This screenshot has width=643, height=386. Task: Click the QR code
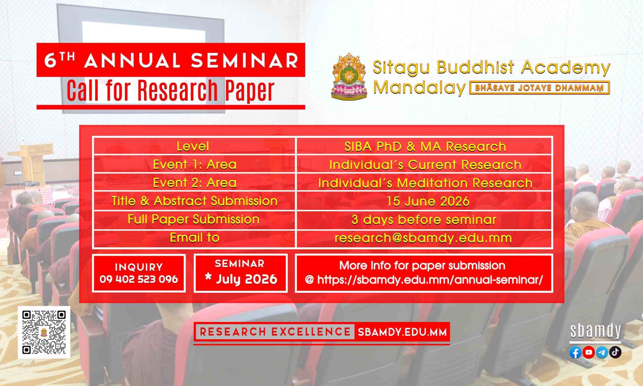tap(44, 332)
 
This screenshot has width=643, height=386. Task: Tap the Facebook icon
tap(575, 353)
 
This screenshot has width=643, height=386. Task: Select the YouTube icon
tap(589, 352)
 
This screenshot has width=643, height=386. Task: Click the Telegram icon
tap(602, 353)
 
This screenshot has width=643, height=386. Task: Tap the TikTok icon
tap(615, 352)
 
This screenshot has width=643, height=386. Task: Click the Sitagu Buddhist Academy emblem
tap(349, 77)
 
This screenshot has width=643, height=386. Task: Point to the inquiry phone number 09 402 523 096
tap(139, 279)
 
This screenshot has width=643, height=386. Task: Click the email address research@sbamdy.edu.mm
tap(423, 238)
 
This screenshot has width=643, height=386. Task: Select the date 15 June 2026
tap(428, 201)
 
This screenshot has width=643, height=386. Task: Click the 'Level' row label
tap(193, 146)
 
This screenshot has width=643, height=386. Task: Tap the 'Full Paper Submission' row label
tap(194, 219)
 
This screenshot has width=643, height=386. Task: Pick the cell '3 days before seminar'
tap(424, 220)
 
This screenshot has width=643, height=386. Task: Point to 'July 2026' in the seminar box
tap(247, 279)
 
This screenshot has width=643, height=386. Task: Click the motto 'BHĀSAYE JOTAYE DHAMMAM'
tap(539, 88)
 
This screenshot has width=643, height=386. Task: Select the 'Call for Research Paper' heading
tap(171, 90)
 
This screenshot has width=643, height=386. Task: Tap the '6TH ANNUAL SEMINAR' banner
tap(171, 60)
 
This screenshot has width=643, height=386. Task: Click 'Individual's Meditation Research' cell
tap(425, 183)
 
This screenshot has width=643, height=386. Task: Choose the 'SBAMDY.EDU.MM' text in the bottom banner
tap(402, 332)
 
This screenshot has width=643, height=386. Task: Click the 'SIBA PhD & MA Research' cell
tap(425, 147)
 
